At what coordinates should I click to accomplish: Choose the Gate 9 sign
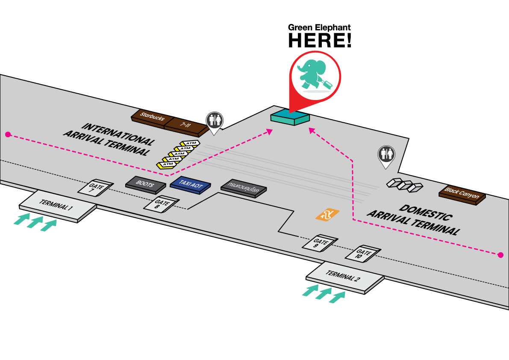[x=321, y=243]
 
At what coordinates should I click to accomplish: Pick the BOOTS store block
[x=146, y=183]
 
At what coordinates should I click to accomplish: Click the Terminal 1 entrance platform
[x=57, y=207]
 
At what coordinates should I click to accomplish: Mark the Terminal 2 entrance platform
[x=344, y=277]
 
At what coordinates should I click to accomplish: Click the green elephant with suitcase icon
[x=315, y=76]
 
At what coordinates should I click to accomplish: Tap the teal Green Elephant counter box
[x=290, y=117]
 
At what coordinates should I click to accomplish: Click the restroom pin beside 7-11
[x=213, y=121]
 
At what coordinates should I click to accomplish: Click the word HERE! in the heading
[x=320, y=40]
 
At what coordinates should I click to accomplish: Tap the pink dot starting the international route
[x=8, y=134]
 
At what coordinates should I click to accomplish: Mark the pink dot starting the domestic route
[x=500, y=255]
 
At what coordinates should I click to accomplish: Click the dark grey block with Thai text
[x=244, y=189]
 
